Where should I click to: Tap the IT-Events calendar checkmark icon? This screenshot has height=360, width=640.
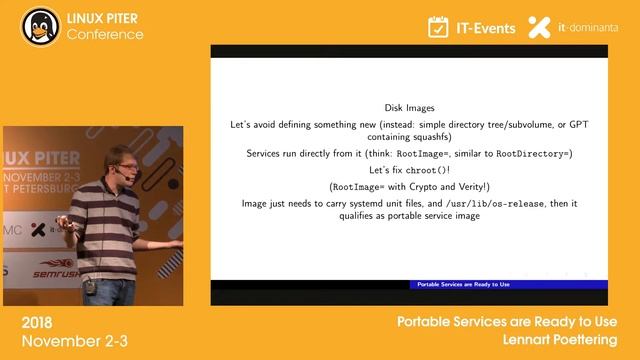pos(438,27)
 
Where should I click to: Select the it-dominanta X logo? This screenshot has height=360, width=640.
pos(539,27)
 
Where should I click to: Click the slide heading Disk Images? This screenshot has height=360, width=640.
pos(409,108)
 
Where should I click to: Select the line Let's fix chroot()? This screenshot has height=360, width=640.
pos(409,170)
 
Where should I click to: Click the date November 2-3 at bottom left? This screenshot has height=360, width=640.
pos(63,341)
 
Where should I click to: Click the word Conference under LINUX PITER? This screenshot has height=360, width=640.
pos(105,35)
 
